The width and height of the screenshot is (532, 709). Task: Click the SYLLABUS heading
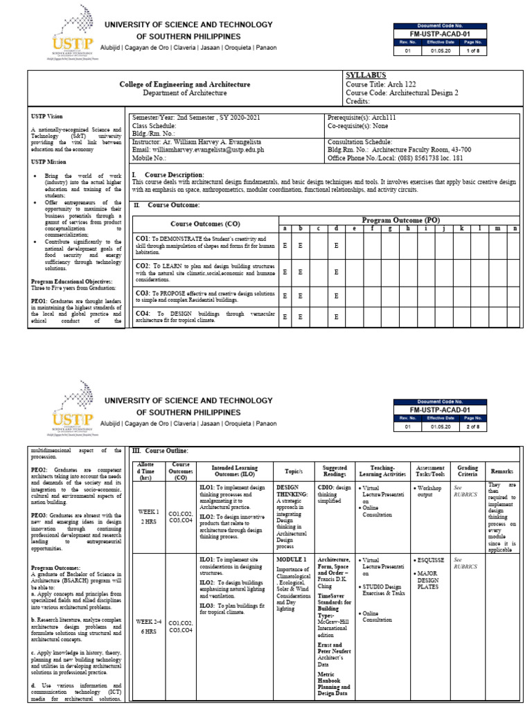[366, 74]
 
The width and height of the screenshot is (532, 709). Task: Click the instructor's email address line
[197, 149]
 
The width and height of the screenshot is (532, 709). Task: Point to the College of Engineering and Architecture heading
[185, 84]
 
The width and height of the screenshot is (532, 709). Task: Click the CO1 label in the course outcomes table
[143, 238]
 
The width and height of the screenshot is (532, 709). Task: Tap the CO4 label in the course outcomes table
[143, 314]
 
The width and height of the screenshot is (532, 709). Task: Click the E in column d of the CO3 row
[336, 296]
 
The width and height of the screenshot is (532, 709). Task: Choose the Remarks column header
[502, 470]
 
